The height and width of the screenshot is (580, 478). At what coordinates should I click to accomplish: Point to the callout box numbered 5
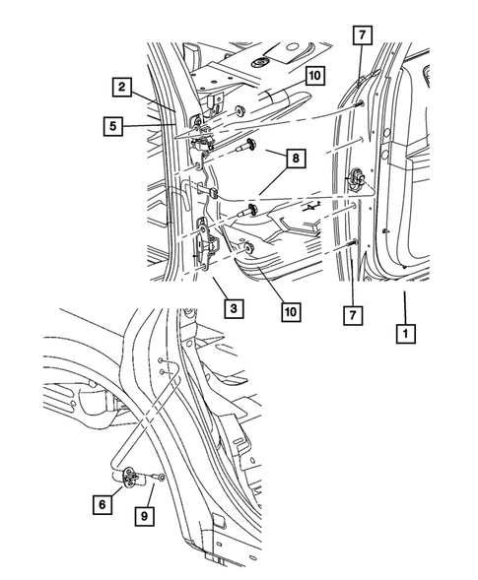pyautogui.click(x=114, y=125)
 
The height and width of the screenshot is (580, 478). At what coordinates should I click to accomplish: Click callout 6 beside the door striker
pyautogui.click(x=100, y=503)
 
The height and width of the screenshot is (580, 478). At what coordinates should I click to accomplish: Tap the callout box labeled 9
pyautogui.click(x=144, y=513)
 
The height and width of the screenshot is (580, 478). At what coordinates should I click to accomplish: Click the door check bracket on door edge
pyautogui.click(x=357, y=178)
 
